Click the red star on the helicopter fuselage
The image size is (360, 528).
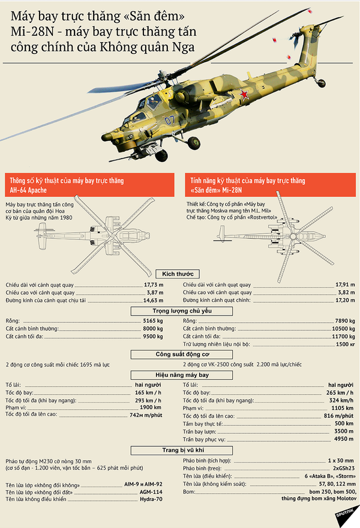click(244, 94)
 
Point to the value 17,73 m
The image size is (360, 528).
click(153, 284)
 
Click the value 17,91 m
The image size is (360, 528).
click(343, 284)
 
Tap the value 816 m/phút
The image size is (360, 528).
click(338, 416)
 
